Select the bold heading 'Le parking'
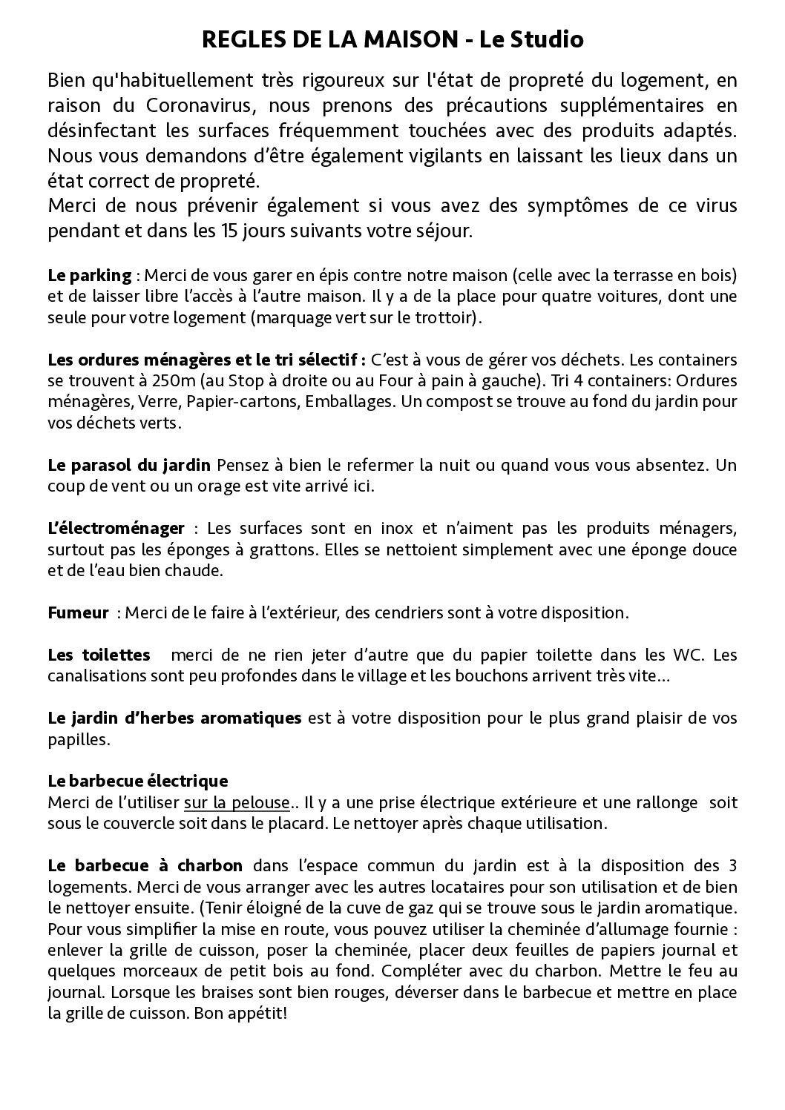tap(89, 276)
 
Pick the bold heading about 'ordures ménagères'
tap(206, 360)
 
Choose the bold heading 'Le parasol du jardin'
tap(130, 466)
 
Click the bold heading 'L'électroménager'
tap(116, 529)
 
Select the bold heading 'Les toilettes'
tap(99, 655)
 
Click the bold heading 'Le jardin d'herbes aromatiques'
tap(174, 718)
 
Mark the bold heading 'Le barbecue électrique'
tap(137, 782)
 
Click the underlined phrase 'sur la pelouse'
tap(237, 803)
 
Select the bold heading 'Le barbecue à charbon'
tap(145, 866)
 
